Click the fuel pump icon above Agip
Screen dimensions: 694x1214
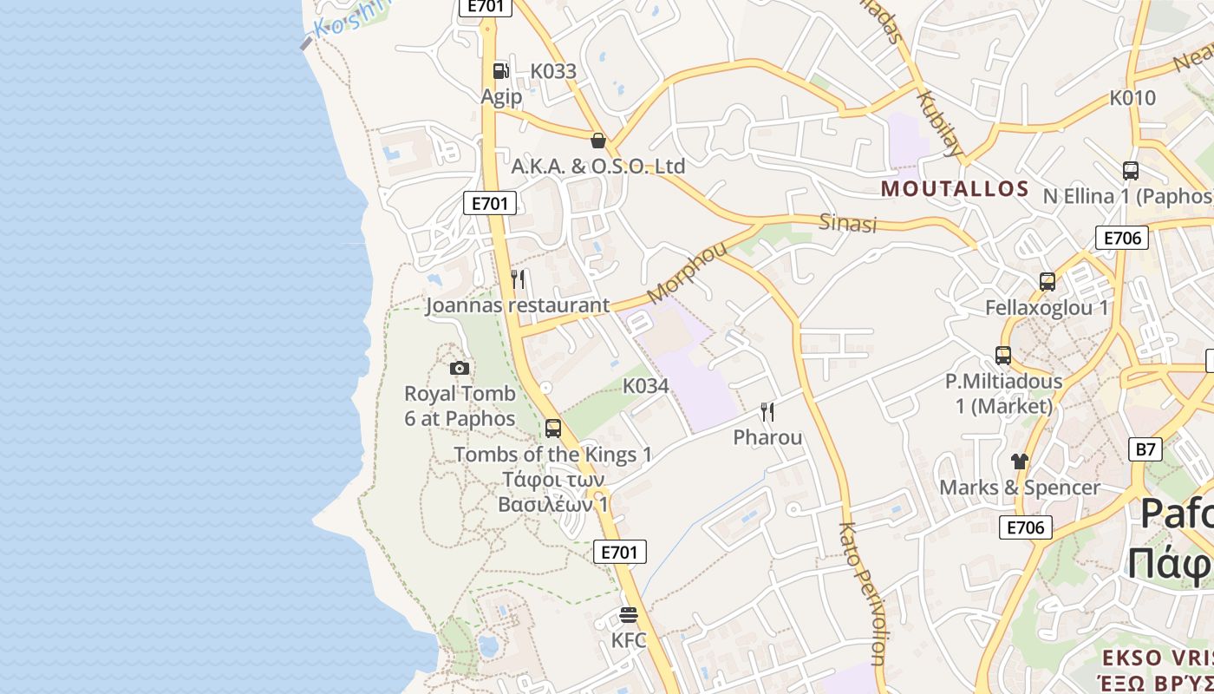[500, 71]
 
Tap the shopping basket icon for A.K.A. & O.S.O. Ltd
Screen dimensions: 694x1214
[597, 141]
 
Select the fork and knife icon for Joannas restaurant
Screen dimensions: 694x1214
[518, 279]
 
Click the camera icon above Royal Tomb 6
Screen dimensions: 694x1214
[460, 368]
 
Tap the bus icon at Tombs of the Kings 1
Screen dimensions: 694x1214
[552, 429]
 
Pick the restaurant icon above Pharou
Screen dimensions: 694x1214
[767, 411]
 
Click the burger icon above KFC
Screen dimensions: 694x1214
[629, 616]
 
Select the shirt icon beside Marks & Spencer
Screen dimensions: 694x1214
[1019, 461]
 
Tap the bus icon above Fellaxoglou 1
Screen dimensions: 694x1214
[1048, 282]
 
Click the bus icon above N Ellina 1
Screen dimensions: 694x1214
[1130, 171]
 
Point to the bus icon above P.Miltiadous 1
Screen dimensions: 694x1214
[1003, 356]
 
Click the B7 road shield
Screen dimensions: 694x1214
[1145, 449]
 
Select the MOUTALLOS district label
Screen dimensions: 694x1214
[955, 189]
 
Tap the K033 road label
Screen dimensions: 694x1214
[553, 71]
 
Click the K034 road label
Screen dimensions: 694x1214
[646, 386]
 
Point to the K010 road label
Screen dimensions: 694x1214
[1132, 98]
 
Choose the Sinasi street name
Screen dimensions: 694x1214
[848, 224]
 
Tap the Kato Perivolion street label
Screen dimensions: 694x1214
[861, 593]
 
